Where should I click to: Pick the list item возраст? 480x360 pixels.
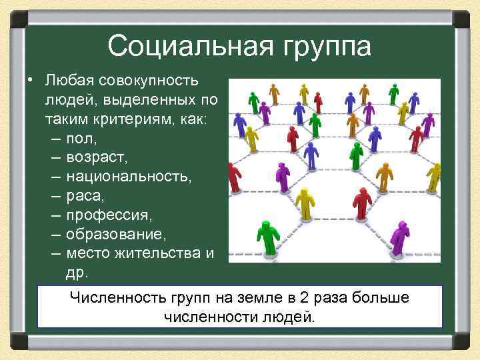[x=96, y=159]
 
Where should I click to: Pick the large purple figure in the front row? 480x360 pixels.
[x=399, y=237]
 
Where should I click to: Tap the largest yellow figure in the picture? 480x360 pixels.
[x=305, y=202]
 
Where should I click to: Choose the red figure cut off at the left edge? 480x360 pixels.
[x=233, y=177]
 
